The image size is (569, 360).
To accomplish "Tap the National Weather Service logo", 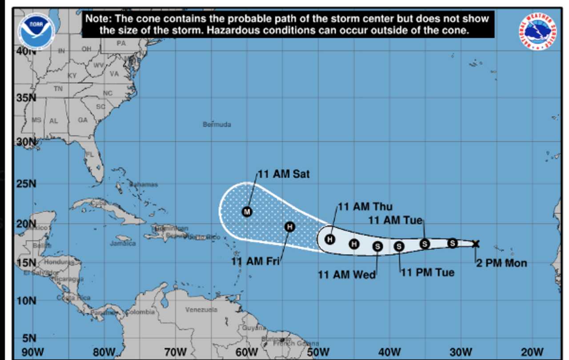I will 539,31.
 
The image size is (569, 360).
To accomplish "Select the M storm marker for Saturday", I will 247,212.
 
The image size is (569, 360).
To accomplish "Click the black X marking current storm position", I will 476,243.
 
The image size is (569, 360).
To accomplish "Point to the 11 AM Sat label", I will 284,174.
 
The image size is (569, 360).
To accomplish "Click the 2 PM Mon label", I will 501,263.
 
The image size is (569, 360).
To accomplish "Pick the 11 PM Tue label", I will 428,272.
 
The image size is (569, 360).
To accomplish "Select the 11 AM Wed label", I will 347,275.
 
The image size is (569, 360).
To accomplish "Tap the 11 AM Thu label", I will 365,207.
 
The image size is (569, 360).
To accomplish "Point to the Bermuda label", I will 217,124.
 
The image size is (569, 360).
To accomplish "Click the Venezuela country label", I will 201,309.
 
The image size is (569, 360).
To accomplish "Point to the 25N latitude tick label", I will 26,184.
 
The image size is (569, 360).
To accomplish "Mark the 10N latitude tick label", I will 26,301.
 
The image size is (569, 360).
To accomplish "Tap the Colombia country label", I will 140,312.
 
